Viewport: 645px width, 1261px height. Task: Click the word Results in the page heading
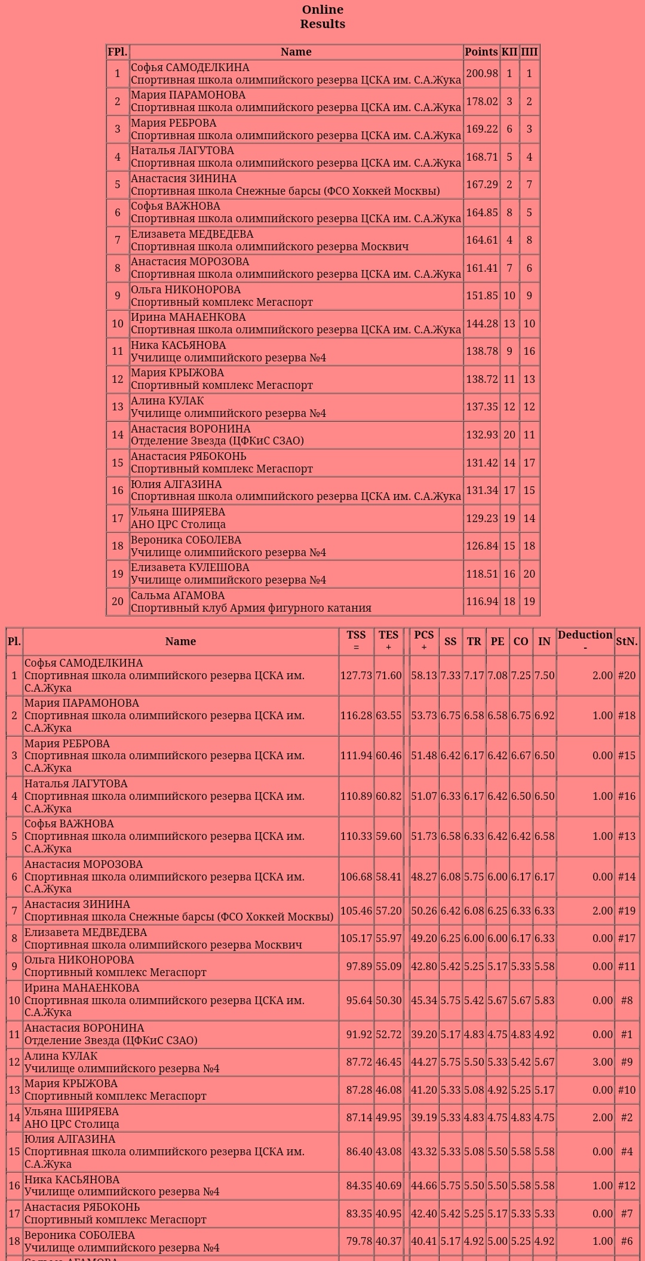[322, 24]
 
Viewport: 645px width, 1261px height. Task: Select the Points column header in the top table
[481, 52]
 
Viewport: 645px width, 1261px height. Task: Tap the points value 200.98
[481, 73]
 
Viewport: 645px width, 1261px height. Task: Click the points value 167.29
[481, 185]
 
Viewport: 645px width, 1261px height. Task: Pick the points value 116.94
[481, 602]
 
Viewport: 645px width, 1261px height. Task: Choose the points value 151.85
[481, 296]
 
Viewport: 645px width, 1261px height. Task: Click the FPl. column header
[118, 52]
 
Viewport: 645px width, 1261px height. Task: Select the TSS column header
[356, 636]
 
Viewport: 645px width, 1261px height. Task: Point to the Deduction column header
[585, 635]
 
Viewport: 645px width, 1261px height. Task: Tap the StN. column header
[626, 642]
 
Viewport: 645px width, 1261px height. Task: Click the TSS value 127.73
[356, 676]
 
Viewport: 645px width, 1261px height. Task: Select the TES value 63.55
[388, 716]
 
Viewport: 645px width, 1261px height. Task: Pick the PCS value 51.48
[423, 756]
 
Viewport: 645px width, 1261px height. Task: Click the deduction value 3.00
[602, 1062]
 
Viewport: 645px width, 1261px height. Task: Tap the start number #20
[626, 676]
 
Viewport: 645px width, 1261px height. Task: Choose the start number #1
[626, 1034]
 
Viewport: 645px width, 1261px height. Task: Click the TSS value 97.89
[359, 967]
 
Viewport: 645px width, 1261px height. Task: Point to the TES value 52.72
[388, 1034]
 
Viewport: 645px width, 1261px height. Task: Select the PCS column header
[423, 636]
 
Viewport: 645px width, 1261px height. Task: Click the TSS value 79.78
[359, 1241]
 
